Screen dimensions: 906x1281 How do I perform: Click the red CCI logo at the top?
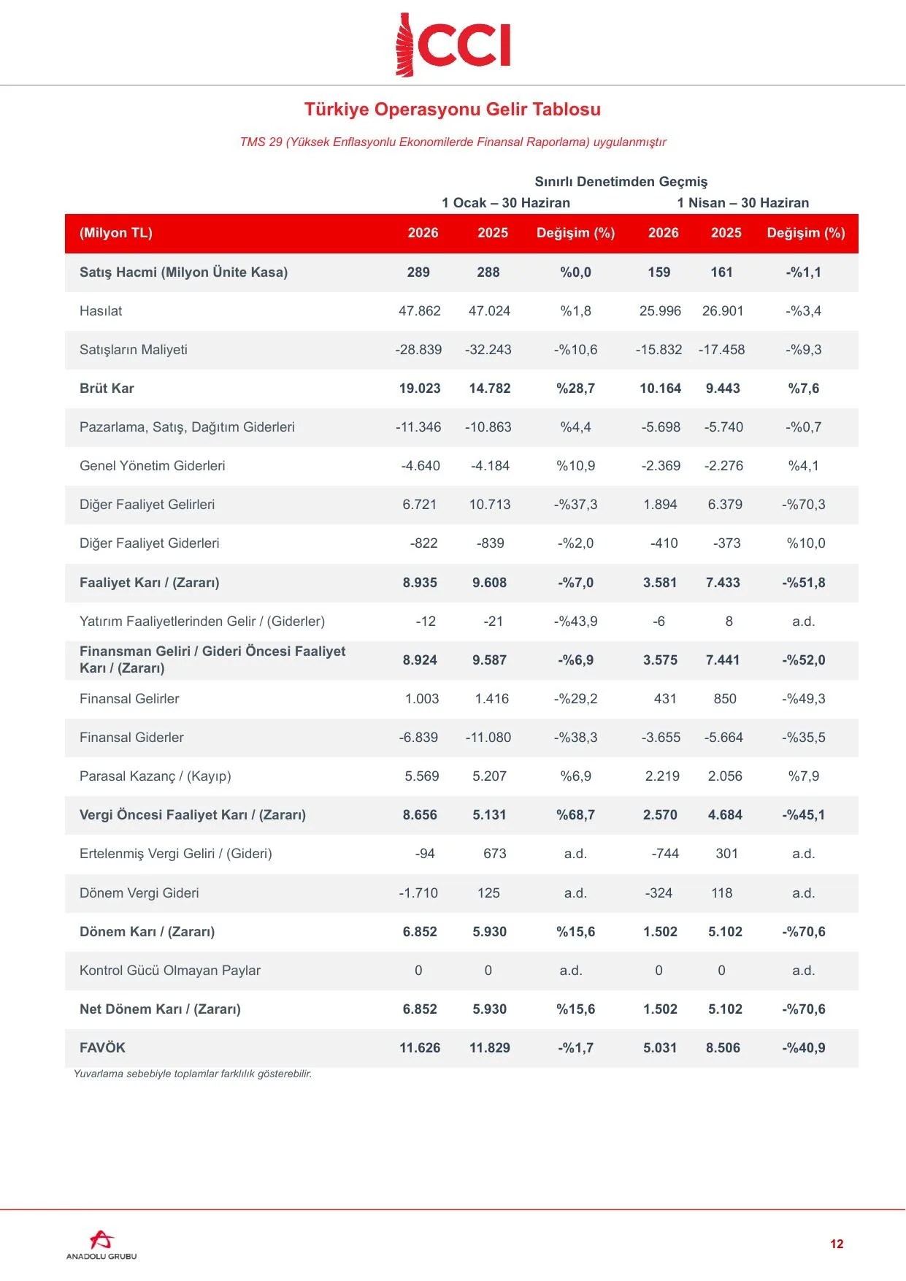453,45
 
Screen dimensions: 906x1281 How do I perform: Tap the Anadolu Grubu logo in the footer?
101,1244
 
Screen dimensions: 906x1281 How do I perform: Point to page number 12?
837,1244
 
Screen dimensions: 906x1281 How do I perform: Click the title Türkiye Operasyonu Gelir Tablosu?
453,110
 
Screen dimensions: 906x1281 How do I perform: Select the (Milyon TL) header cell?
116,233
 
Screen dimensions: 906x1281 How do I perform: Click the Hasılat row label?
101,311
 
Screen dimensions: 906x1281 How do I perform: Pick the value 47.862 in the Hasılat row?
420,311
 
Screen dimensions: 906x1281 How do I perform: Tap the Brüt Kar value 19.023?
420,389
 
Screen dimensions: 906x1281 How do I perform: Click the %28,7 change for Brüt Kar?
576,389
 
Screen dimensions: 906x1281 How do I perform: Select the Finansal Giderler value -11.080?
488,738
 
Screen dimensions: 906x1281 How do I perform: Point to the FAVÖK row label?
102,1048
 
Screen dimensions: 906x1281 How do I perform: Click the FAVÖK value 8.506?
723,1048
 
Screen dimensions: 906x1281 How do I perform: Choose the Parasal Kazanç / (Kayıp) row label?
156,776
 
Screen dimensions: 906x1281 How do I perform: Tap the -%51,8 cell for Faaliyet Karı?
804,583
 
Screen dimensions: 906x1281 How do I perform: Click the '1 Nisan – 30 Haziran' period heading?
743,203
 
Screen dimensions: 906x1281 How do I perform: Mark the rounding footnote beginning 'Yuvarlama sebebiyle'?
193,1074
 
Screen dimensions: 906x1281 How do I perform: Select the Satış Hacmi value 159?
659,272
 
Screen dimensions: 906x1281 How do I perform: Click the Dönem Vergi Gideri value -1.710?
418,893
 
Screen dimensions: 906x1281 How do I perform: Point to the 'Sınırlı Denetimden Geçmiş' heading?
621,182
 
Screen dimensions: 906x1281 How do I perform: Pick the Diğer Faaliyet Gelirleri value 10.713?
490,505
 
